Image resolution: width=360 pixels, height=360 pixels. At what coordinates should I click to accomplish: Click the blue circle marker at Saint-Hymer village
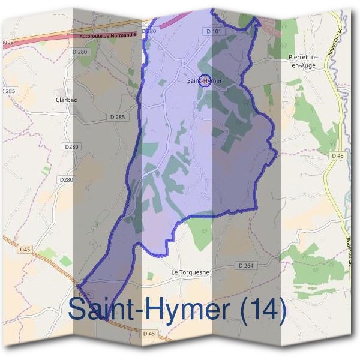pos(205,80)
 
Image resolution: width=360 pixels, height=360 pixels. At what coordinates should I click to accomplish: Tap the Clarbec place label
pos(66,100)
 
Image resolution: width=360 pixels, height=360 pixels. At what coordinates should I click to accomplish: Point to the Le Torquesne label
pos(190,272)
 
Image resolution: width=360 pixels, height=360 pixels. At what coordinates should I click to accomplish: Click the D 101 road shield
pos(214,31)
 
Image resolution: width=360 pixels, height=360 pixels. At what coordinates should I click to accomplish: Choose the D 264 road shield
pos(246,265)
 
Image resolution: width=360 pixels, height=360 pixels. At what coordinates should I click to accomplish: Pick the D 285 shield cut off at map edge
pos(7,91)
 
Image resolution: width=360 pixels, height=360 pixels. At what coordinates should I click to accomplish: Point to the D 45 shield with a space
pos(149,333)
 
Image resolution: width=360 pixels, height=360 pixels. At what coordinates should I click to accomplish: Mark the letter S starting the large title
pos(78,310)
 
